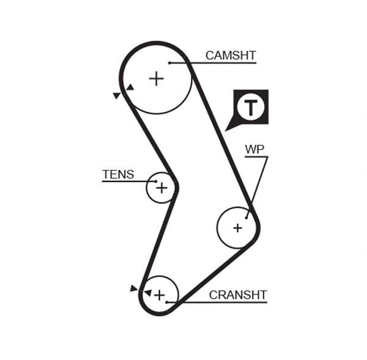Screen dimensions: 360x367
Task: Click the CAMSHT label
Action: [x=230, y=56]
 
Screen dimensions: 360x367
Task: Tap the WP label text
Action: [x=254, y=149]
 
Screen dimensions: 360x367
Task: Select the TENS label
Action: [x=118, y=174]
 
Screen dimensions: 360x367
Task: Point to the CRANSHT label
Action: [x=238, y=295]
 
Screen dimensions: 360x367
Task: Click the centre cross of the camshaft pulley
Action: [x=157, y=78]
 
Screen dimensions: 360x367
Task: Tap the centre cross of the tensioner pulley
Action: [x=161, y=188]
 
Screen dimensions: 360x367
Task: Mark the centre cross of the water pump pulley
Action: [x=237, y=228]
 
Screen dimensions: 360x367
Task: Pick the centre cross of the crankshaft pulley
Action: [x=159, y=295]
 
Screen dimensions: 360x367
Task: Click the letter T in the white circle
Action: [x=251, y=107]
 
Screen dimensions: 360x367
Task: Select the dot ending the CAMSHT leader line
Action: [x=169, y=62]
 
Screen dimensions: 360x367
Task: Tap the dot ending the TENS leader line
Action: [x=156, y=182]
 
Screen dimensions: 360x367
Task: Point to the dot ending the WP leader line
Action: [x=247, y=217]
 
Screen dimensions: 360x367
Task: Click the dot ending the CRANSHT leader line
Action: [x=166, y=302]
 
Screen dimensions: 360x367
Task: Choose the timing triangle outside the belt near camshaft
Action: [x=117, y=95]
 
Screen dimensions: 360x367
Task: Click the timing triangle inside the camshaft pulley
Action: [x=130, y=87]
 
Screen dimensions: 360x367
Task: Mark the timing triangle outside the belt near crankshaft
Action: [x=133, y=288]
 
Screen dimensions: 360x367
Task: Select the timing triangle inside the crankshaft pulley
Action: [x=147, y=293]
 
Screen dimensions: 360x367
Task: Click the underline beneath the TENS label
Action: [x=125, y=182]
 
